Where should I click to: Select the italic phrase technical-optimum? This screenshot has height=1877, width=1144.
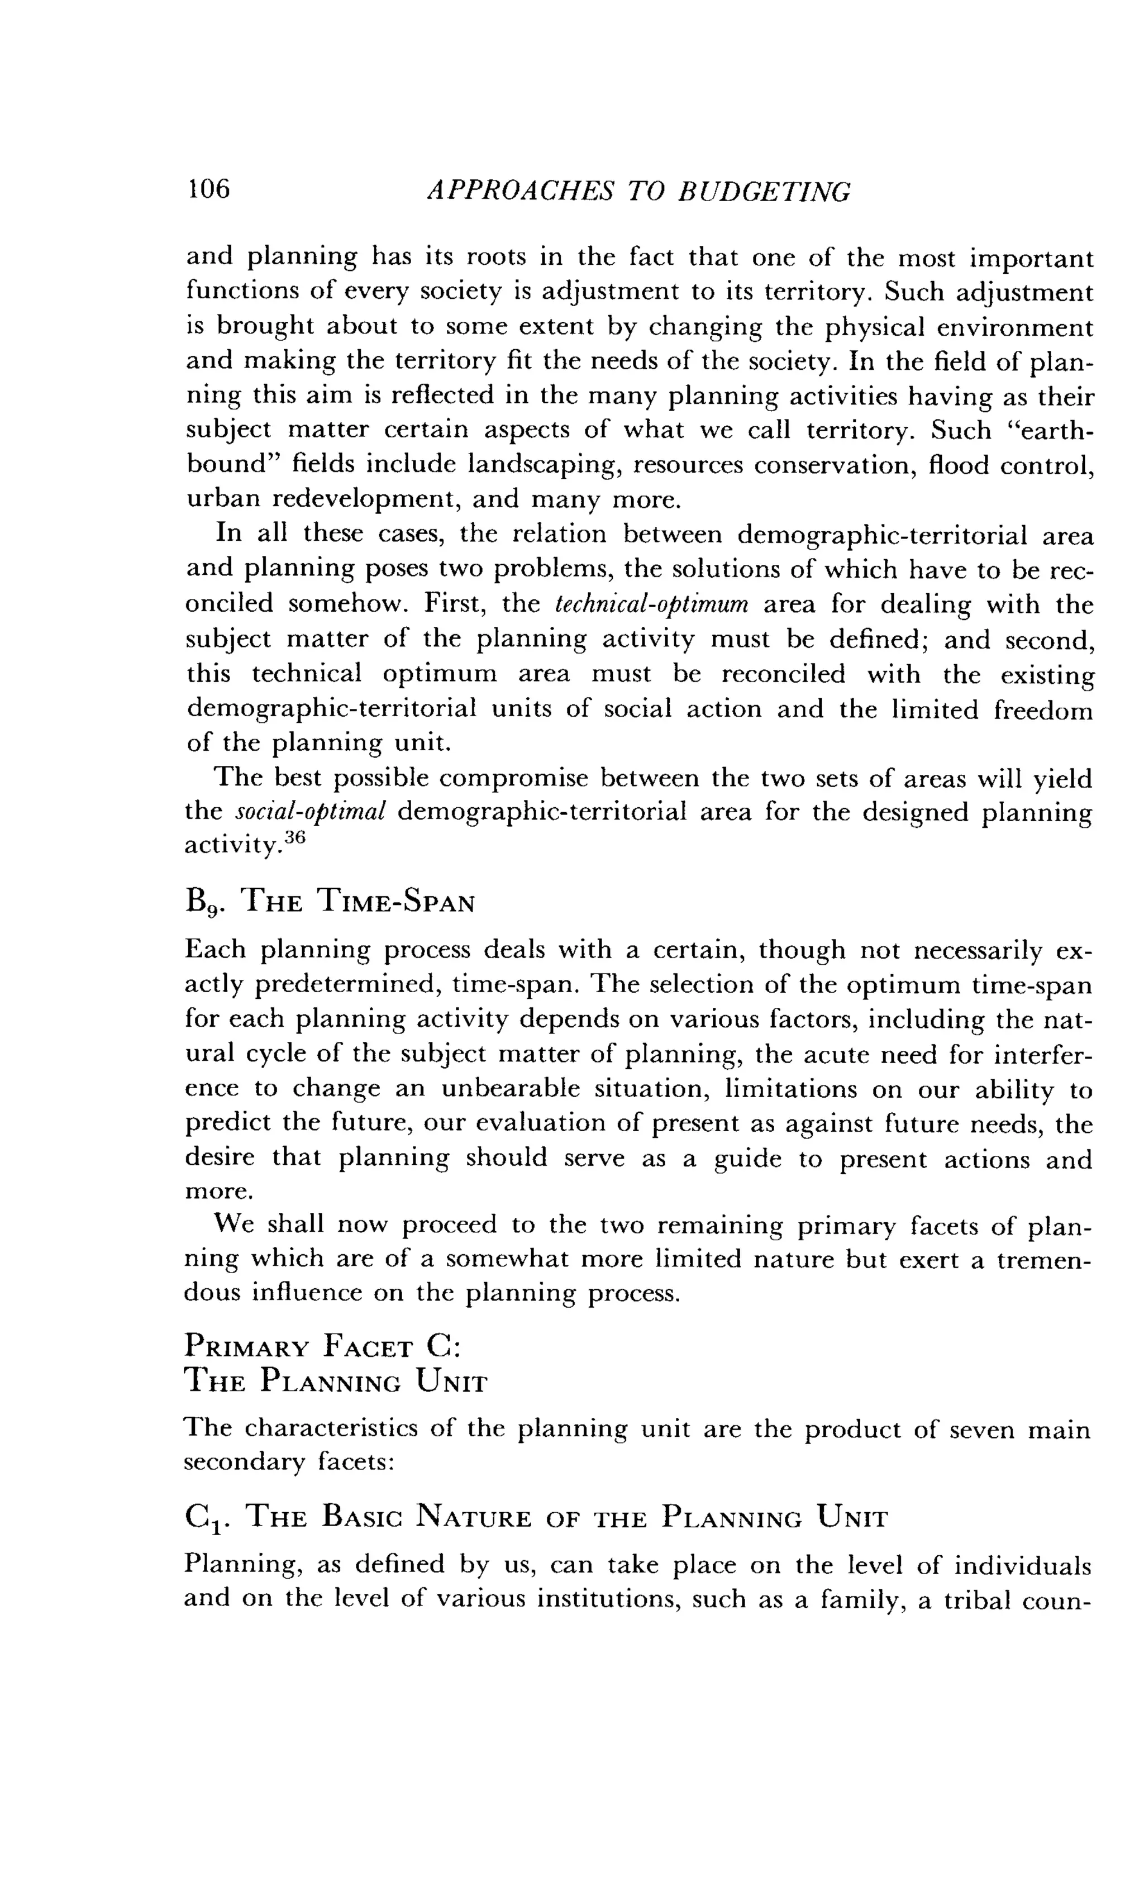pos(653,605)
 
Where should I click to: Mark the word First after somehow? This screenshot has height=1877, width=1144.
pos(455,605)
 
